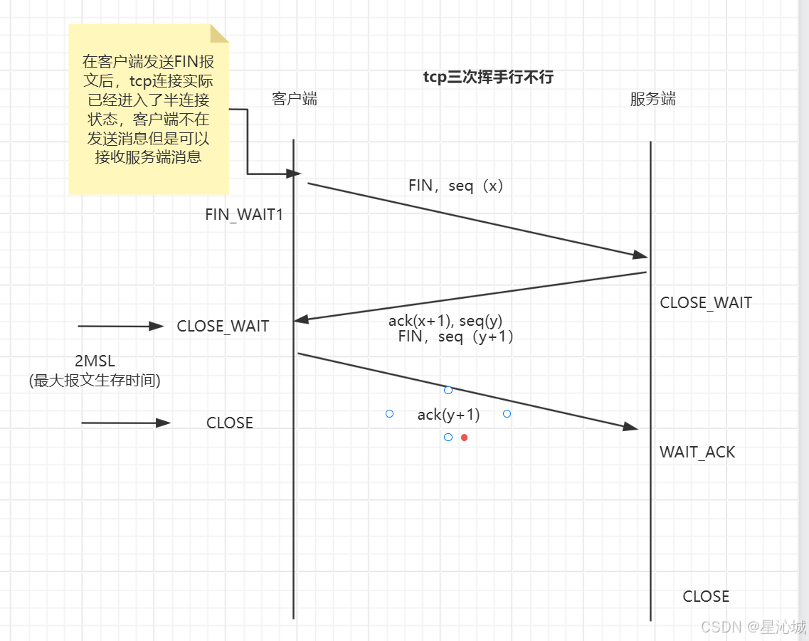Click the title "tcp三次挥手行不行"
pos(488,78)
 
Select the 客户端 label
pos(295,99)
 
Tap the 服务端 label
pos(652,99)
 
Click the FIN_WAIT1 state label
pos(244,214)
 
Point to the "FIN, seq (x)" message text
pos(456,186)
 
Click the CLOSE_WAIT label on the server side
pos(706,302)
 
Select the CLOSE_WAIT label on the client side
pos(223,327)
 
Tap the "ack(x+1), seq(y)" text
pos(445,321)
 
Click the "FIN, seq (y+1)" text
pos(456,337)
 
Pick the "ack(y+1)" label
pos(448,414)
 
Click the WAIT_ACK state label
pos(697,452)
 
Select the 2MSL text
pos(95,361)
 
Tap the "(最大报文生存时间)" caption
pos(95,381)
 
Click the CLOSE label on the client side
pos(230,423)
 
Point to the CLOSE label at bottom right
pos(706,596)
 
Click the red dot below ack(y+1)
pos(464,438)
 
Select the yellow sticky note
pos(149,109)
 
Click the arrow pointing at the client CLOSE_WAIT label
pos(121,327)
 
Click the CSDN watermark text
pos(754,627)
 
